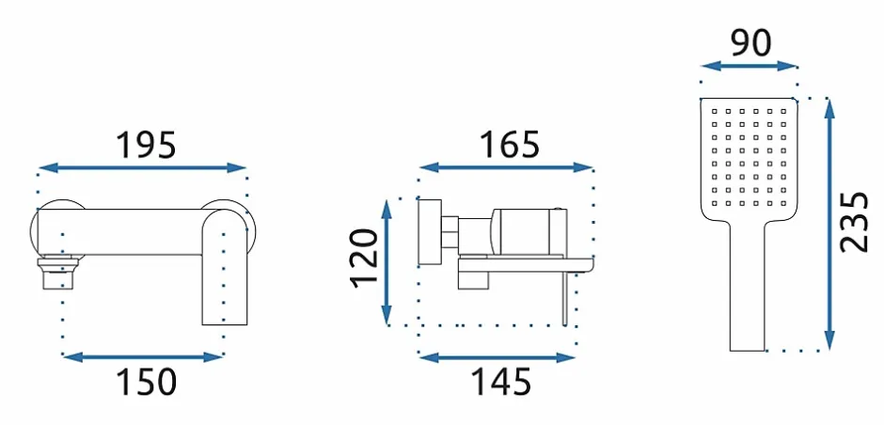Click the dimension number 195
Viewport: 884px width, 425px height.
[x=146, y=144]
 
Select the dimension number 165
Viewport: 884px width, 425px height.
[x=509, y=144]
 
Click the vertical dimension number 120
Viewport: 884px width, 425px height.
[x=364, y=259]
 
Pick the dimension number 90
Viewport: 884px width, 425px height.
[x=750, y=43]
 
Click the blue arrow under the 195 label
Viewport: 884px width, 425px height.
[x=143, y=167]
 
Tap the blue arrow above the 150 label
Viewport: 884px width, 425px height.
[x=143, y=356]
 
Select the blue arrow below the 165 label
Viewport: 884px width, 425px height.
[x=506, y=166]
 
